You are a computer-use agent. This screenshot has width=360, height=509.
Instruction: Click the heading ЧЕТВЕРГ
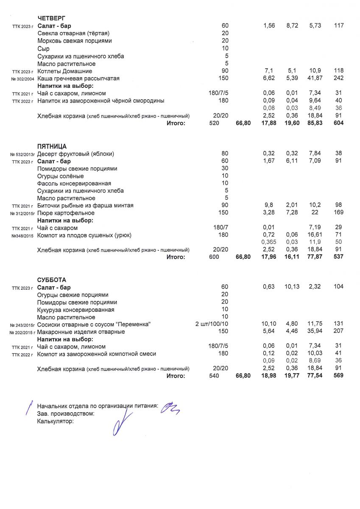tap(51, 18)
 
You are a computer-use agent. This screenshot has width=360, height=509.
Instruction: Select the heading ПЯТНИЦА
tap(52, 146)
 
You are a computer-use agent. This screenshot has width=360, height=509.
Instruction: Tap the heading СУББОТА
tap(51, 280)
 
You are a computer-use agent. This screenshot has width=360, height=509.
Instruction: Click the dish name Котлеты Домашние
tap(65, 71)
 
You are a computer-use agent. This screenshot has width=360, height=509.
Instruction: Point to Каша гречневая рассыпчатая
tap(78, 78)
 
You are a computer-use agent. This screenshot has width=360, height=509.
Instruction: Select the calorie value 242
tap(338, 78)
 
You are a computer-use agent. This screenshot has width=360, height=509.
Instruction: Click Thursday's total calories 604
tap(338, 123)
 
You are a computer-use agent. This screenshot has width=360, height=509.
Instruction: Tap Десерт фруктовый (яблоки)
tap(75, 154)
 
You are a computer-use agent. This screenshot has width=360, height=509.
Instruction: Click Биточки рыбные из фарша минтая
tap(85, 206)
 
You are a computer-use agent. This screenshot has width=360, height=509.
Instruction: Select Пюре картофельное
tap(66, 213)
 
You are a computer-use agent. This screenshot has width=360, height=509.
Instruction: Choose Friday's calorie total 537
tap(338, 257)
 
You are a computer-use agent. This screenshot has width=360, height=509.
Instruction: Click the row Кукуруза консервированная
tap(73, 310)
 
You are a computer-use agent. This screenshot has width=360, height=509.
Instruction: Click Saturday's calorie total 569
tap(338, 376)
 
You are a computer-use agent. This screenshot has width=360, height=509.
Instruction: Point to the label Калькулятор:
tap(56, 421)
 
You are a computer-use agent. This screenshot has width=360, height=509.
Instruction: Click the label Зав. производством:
tap(66, 414)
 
